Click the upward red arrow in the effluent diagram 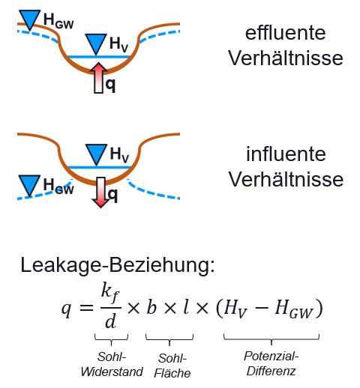(x=99, y=78)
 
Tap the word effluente (x=285, y=33)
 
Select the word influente (x=286, y=154)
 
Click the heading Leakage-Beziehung (x=118, y=265)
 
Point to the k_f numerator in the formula (x=110, y=293)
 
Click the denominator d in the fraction (x=110, y=321)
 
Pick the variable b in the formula (x=151, y=307)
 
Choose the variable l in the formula (x=186, y=307)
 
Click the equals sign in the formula (x=86, y=308)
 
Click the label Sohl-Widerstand (x=112, y=364)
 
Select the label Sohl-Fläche (x=172, y=366)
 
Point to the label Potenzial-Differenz (x=271, y=363)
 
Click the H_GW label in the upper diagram (x=58, y=20)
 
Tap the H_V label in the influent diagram (x=119, y=154)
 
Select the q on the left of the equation (x=67, y=309)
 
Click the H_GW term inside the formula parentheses (x=294, y=309)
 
